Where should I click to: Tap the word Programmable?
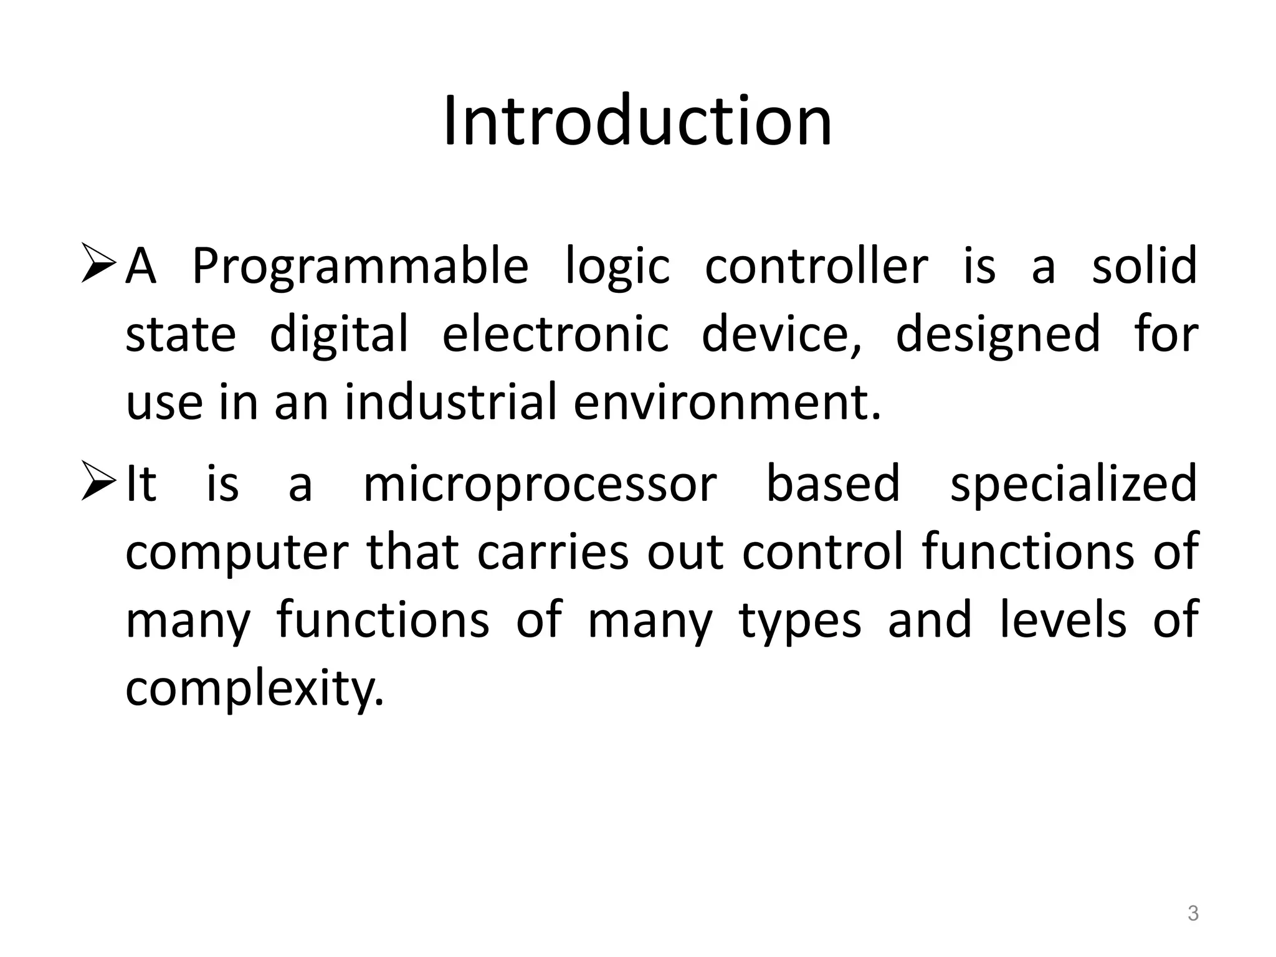[x=360, y=267]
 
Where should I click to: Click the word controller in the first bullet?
[x=816, y=265]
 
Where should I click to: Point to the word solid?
[x=1145, y=265]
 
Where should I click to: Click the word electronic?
[x=555, y=334]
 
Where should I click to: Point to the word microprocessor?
[x=540, y=485]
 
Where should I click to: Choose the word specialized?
[x=1073, y=485]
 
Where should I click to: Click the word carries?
[x=553, y=552]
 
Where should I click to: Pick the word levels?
[x=1063, y=621]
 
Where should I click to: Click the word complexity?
[x=254, y=689]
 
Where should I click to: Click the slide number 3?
[x=1193, y=914]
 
